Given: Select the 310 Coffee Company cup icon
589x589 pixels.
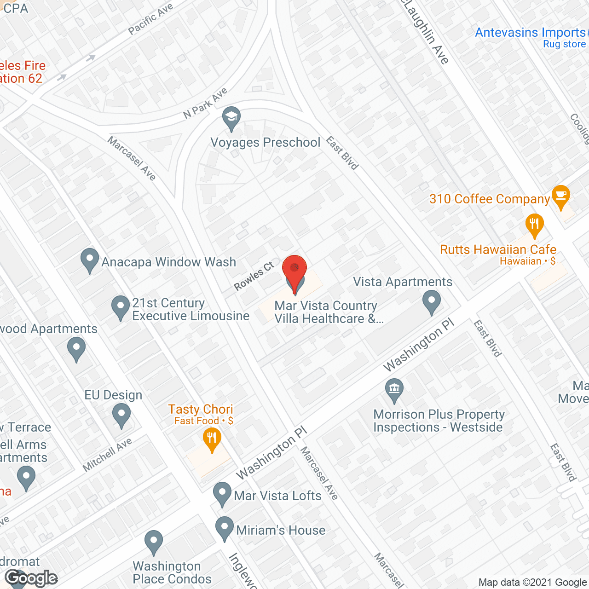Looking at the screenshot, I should click(560, 196).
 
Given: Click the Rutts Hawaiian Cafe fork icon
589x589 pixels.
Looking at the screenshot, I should click(534, 225).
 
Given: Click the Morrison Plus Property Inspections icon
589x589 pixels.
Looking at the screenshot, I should click(394, 389).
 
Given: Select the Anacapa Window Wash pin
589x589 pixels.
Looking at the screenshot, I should click(90, 260).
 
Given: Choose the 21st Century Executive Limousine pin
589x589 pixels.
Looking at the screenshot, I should click(121, 307).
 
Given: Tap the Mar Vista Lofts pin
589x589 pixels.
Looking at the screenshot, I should click(222, 493).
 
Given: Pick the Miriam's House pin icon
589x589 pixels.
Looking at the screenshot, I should click(225, 528).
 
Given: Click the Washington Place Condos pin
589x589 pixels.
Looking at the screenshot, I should click(154, 542).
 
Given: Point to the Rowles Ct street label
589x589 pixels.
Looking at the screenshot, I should click(254, 276).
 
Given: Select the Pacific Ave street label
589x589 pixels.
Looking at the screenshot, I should click(150, 19).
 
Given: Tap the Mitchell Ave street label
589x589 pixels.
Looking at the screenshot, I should click(107, 455).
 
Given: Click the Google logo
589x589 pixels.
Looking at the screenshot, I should click(31, 578).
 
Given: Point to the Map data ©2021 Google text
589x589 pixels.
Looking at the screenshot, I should click(532, 583).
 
